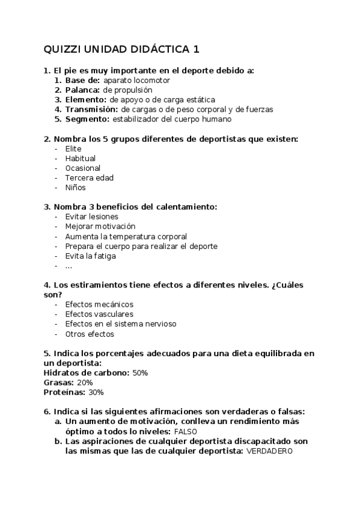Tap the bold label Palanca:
pos(83,90)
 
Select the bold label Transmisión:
pos(92,109)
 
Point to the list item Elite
pos(73,149)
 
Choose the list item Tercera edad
pos(89,177)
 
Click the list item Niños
pos(75,188)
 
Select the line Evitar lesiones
pos(91,217)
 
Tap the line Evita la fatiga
pos(90,256)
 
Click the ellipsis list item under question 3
pos(69,266)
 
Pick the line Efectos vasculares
pos(99,314)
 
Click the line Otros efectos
pos(89,334)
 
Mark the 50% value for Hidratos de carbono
pos(140,373)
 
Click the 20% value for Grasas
pos(85,382)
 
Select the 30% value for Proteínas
pos(96,392)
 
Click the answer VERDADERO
pos(269,451)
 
